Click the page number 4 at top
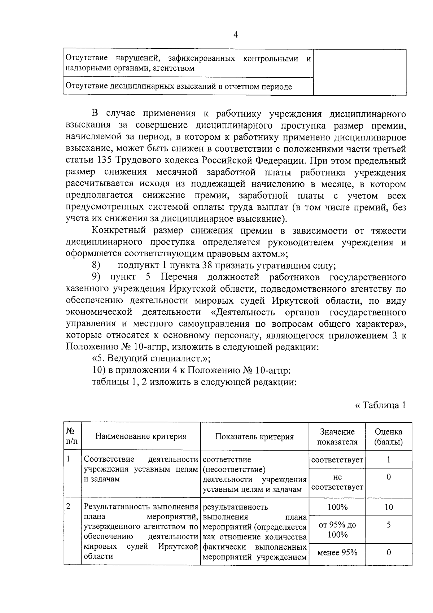coord(236,35)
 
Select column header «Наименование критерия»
coord(141,436)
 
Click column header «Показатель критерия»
coord(254,436)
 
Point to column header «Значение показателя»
coord(337,436)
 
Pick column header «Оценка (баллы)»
coord(388,436)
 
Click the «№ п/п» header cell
coord(72,436)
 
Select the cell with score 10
coord(388,507)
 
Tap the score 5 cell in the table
coord(388,525)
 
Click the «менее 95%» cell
coord(337,552)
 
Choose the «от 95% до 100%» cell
coord(337,530)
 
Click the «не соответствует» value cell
coord(337,482)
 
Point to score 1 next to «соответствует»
coord(388,460)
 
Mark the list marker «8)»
coord(96,265)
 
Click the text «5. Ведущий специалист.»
coord(151,358)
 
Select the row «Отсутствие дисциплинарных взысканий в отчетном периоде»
coord(179,87)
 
